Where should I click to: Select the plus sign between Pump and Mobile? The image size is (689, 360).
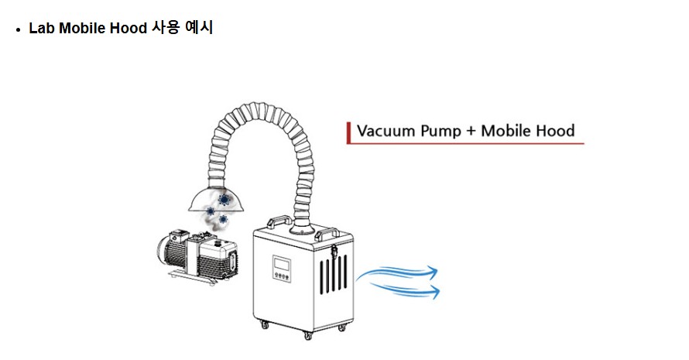coord(471,131)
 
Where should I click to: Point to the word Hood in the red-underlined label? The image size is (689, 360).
coord(556,130)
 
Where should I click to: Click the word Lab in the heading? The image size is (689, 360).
coord(40,28)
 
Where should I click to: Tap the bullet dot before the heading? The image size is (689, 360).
coord(18,29)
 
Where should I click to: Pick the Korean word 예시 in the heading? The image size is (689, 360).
coord(200,28)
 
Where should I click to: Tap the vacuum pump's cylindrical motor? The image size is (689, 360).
coord(168,252)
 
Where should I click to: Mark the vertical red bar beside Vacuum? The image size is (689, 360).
coord(349,132)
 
